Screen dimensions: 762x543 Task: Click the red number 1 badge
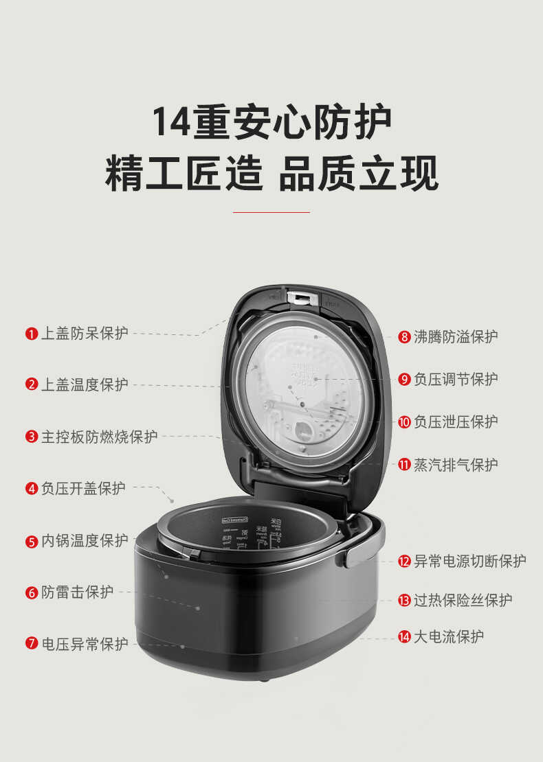(32, 334)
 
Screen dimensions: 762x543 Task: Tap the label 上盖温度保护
(85, 384)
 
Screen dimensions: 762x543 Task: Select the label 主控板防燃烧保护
(99, 437)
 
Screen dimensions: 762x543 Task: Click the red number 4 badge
(32, 489)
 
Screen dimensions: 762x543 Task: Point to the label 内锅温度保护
(85, 541)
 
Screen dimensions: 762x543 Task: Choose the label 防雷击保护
(77, 592)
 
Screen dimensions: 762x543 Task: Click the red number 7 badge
(32, 644)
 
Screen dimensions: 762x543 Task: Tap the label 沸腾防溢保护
(456, 336)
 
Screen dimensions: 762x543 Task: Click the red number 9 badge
(404, 380)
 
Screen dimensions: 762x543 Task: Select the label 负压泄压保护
(456, 422)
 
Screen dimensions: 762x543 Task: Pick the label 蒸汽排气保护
(456, 465)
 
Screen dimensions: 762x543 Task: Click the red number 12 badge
(404, 562)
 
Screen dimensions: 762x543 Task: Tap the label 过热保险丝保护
(463, 600)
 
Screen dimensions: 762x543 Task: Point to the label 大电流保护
(448, 636)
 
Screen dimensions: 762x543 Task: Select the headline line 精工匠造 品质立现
(271, 174)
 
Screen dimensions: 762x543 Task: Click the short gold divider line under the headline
(271, 212)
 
